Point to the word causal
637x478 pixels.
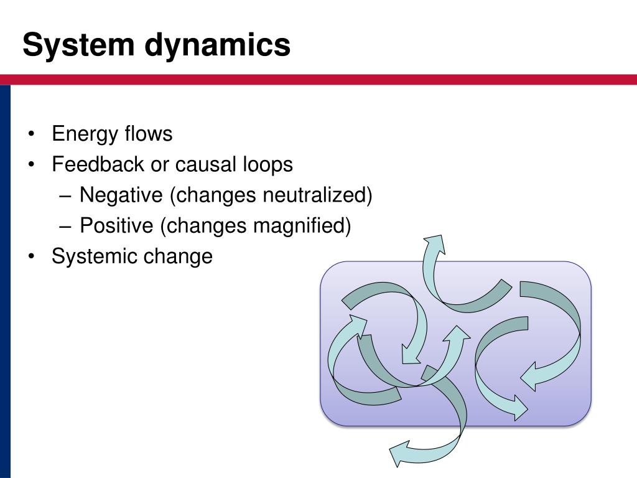(x=205, y=164)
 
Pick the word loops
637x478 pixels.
(x=266, y=164)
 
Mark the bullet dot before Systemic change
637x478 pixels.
(x=31, y=256)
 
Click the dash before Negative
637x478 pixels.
(x=67, y=196)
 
